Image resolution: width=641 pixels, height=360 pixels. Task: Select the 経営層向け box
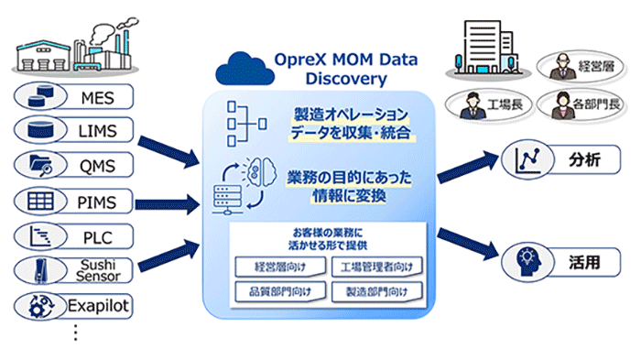(x=275, y=267)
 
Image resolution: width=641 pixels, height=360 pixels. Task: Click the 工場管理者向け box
(x=377, y=267)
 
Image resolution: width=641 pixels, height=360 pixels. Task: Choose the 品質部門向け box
(x=275, y=292)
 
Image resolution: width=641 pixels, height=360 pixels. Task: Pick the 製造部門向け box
(x=377, y=292)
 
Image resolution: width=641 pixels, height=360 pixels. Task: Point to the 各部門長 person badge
(x=577, y=104)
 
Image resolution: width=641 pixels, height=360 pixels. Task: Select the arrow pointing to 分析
(x=467, y=165)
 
